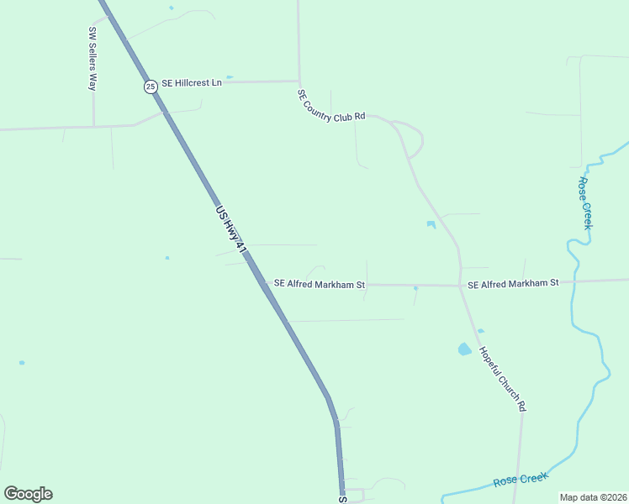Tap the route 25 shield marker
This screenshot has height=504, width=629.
tap(151, 86)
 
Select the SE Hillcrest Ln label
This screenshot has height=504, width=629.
tap(192, 82)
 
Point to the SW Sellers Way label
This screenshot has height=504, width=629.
tap(92, 58)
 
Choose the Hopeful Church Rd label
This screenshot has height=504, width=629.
tap(503, 378)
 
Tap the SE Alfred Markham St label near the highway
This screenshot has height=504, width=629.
tap(320, 284)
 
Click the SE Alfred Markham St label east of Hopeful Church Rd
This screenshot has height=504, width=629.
tap(513, 284)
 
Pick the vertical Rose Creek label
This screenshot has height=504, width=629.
tap(585, 202)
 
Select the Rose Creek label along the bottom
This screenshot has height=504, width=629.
tap(521, 480)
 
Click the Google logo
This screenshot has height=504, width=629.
tap(28, 494)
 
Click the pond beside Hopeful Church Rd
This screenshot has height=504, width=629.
tap(464, 349)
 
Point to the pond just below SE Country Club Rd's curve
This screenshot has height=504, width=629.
tap(431, 224)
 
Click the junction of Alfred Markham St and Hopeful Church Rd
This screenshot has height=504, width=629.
tap(460, 286)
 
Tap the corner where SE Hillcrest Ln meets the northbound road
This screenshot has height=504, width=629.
tap(299, 81)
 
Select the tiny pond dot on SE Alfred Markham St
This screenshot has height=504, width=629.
tap(415, 288)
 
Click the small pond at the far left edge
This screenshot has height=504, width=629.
tap(22, 363)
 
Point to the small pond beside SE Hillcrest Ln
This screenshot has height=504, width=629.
tap(230, 76)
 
